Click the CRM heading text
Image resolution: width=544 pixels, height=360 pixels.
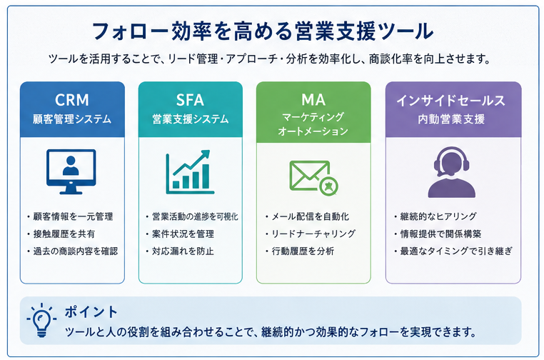tap(72, 100)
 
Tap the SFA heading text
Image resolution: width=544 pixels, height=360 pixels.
tap(190, 100)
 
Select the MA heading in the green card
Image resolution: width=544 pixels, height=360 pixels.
tap(313, 100)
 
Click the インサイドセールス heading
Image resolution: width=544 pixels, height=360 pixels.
tap(451, 101)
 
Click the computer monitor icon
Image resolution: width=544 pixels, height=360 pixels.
tap(71, 171)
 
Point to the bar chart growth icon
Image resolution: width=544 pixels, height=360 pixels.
tap(190, 172)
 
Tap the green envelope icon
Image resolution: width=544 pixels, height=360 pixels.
tap(313, 177)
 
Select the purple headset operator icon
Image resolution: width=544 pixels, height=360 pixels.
tap(451, 172)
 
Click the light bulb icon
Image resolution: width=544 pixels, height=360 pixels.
tap(41, 320)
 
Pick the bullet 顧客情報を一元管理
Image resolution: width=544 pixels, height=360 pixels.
tap(74, 216)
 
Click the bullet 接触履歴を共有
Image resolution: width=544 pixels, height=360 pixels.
tap(64, 234)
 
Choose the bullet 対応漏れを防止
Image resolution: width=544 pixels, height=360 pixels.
tap(183, 251)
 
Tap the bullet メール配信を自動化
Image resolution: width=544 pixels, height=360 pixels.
tap(311, 216)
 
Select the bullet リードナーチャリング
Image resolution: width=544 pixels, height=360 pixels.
tap(313, 234)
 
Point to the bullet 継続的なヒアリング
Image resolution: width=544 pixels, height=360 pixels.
tap(438, 216)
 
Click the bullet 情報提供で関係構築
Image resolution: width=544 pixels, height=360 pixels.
tap(441, 234)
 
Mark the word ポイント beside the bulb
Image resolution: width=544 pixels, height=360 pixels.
tap(91, 311)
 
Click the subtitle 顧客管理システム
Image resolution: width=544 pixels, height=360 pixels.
tap(72, 119)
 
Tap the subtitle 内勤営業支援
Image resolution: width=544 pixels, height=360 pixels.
tap(451, 119)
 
